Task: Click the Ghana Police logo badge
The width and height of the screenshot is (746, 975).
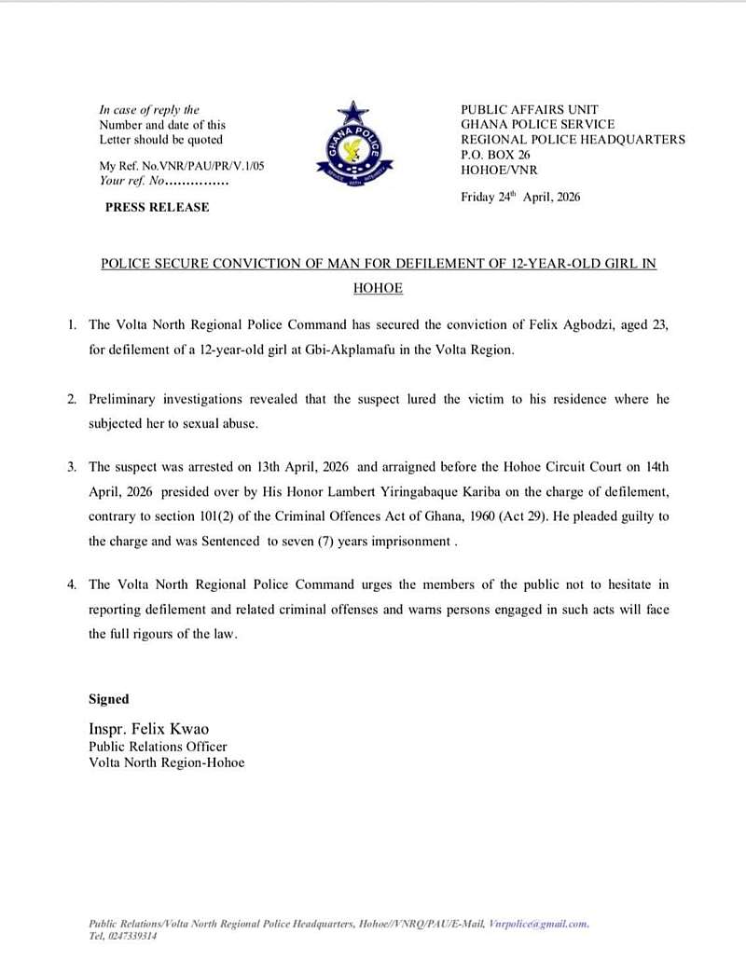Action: [x=353, y=149]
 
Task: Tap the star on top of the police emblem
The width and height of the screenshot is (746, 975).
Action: [x=353, y=114]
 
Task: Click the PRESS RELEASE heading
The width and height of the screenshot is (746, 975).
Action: [x=157, y=207]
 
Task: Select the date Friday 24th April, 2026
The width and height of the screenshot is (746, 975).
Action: [x=520, y=197]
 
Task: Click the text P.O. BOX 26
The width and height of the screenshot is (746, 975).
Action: [x=495, y=155]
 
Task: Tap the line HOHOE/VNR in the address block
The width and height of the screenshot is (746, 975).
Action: [x=499, y=170]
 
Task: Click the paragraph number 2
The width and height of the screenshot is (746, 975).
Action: [x=72, y=399]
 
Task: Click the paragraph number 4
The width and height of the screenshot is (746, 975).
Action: [x=72, y=584]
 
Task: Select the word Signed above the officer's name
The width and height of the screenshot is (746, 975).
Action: [x=109, y=699]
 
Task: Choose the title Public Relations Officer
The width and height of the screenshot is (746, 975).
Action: [x=158, y=747]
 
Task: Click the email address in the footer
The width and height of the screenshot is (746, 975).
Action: [x=538, y=924]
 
